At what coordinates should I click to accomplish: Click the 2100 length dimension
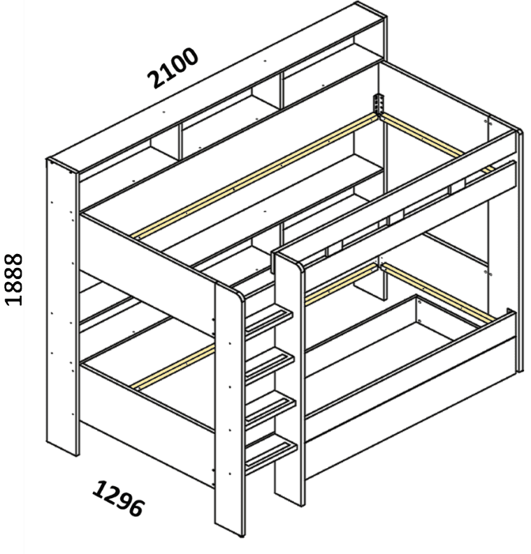click(173, 68)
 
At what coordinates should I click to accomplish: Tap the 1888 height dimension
click(13, 279)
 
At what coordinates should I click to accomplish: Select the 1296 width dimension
click(119, 498)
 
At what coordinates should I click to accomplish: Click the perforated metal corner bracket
click(378, 104)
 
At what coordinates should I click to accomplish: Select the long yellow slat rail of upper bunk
click(255, 175)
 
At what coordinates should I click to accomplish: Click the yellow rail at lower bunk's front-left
click(173, 368)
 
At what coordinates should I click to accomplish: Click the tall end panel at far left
click(62, 308)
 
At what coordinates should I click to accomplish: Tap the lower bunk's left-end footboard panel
click(147, 424)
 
